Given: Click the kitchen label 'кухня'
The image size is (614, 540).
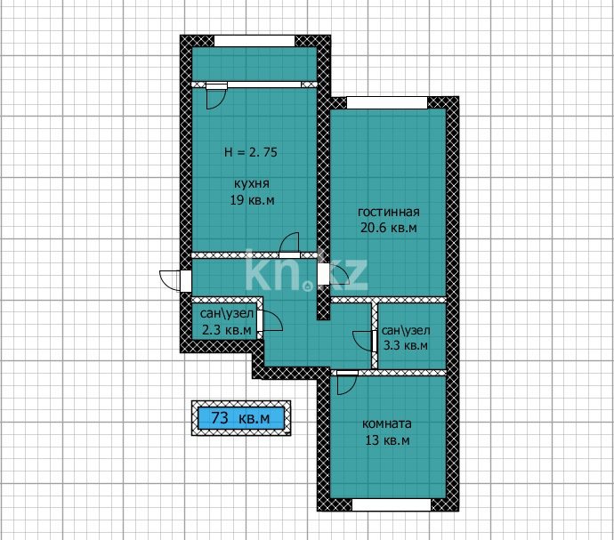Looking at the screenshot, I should click(x=252, y=183).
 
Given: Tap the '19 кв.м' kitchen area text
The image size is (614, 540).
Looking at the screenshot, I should click(x=252, y=200).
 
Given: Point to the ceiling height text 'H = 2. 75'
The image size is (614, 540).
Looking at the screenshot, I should click(x=250, y=152).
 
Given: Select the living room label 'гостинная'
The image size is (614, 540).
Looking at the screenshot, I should click(x=388, y=212).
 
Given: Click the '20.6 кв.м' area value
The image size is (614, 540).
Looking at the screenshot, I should click(x=388, y=229).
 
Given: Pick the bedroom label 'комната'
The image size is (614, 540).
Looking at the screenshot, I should click(x=387, y=423).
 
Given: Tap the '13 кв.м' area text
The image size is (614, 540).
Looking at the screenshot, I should click(x=387, y=440).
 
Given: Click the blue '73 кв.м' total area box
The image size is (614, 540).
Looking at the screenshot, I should click(x=240, y=416).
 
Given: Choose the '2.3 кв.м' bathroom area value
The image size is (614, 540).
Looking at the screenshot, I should click(x=225, y=330).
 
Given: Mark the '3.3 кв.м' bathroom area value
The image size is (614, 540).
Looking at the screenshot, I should click(x=405, y=346).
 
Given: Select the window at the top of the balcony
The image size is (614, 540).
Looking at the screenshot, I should click(x=254, y=40).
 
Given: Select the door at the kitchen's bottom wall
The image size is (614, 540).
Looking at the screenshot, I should click(x=289, y=246).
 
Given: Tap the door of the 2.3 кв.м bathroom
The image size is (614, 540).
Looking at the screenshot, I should click(x=271, y=325).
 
